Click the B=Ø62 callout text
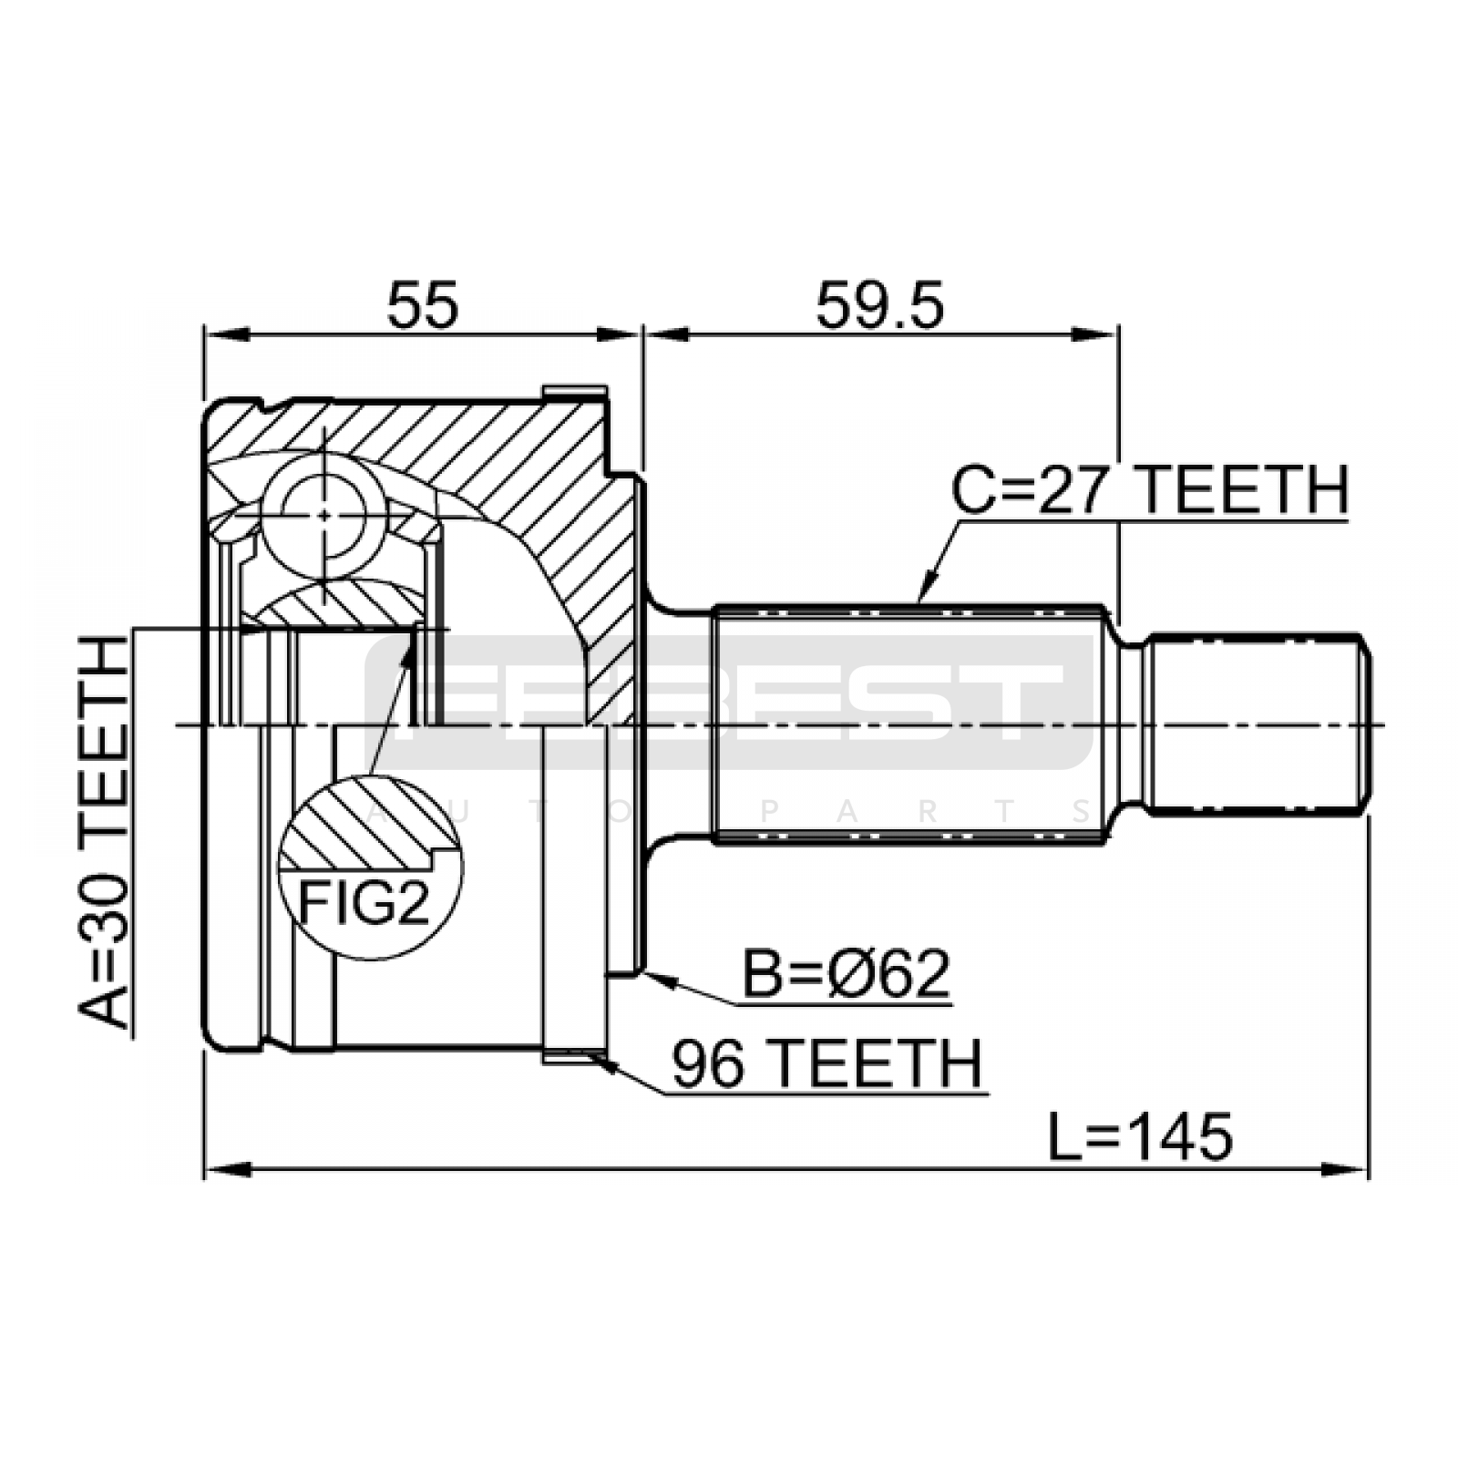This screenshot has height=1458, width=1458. pyautogui.click(x=847, y=974)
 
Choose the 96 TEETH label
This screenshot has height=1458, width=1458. pyautogui.click(x=827, y=1063)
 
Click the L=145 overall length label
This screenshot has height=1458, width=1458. pyautogui.click(x=1139, y=1136)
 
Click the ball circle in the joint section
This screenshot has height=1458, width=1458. pyautogui.click(x=324, y=515)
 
